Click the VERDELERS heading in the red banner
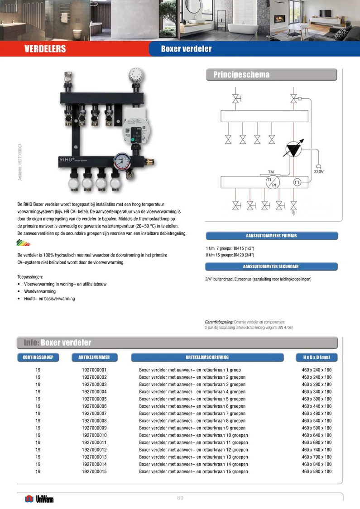click(x=45, y=49)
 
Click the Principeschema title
click(x=241, y=75)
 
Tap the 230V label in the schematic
click(x=319, y=171)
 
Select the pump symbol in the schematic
click(x=293, y=149)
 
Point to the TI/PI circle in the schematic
click(x=273, y=182)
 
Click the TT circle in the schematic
click(x=297, y=182)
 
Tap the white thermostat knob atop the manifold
click(x=136, y=75)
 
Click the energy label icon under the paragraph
click(x=23, y=243)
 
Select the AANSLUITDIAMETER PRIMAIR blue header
click(x=272, y=236)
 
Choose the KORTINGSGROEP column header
click(x=38, y=357)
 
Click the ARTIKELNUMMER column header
click(x=94, y=357)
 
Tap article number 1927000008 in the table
click(x=94, y=421)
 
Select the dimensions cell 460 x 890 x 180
click(x=317, y=471)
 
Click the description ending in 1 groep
click(x=190, y=370)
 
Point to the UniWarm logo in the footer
click(x=39, y=499)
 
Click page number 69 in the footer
click(x=180, y=498)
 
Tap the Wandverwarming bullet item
click(x=40, y=291)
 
